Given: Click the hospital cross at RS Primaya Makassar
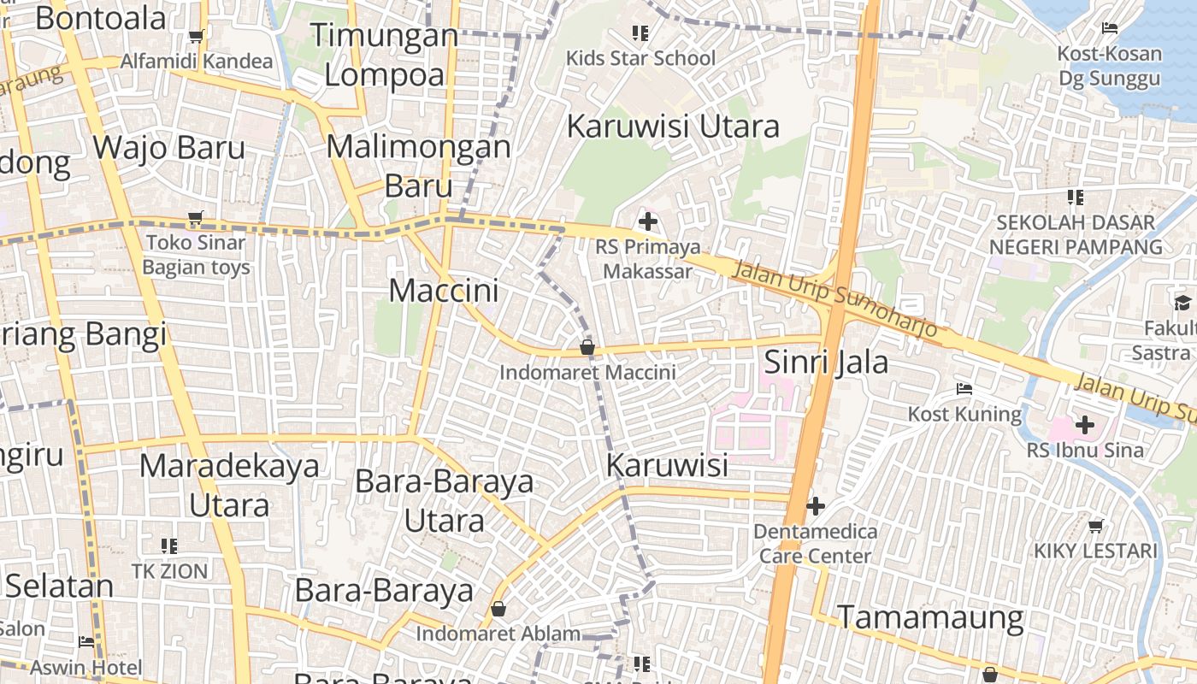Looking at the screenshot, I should (x=648, y=222).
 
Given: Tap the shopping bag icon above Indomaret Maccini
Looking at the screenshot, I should (x=587, y=347).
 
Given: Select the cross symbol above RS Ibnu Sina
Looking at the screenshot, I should (x=1085, y=424).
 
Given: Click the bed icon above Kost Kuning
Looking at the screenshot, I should (x=964, y=390).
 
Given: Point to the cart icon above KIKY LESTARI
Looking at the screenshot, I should (x=1096, y=526).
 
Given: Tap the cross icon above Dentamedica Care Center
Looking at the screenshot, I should (x=816, y=506).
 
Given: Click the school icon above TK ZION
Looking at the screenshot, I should (x=169, y=545).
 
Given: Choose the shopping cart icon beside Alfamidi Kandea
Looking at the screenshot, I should (x=196, y=36).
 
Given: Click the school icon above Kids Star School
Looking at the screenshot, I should (x=640, y=33).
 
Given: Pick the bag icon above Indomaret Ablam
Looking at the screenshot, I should (x=498, y=609).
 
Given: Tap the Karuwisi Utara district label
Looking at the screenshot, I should (x=673, y=127).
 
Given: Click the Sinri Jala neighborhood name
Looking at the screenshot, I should (x=826, y=362).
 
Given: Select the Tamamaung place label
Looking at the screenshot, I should (x=929, y=616).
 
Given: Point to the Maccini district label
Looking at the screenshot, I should (x=443, y=291).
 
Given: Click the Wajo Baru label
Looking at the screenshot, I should (x=169, y=147).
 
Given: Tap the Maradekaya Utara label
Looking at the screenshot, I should (x=229, y=485).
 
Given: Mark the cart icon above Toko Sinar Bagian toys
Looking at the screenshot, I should (x=196, y=218).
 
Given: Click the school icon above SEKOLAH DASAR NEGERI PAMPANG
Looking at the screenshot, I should (x=1076, y=198).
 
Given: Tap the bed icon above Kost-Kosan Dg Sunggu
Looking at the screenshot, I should (x=1110, y=28).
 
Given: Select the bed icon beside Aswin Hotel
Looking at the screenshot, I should (x=86, y=641).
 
